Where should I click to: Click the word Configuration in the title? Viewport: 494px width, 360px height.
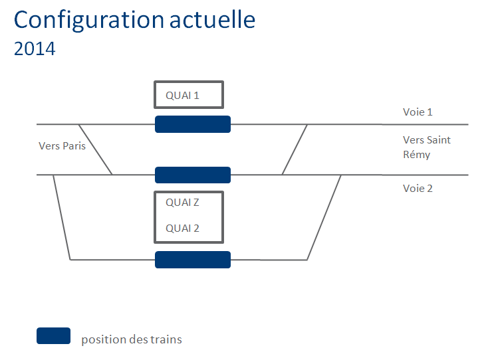[89, 21]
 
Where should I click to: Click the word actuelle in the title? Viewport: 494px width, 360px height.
[212, 19]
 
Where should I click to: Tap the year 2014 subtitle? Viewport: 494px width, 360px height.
[35, 48]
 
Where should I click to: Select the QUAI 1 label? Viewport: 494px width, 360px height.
[182, 96]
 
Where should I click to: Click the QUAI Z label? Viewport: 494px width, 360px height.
[182, 203]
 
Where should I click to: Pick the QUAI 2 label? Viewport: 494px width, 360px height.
[182, 228]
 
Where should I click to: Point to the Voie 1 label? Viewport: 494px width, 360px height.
[418, 112]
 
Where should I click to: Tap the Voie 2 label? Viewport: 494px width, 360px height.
[418, 189]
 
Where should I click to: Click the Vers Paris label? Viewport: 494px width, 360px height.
[62, 145]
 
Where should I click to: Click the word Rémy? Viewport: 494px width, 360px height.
[416, 155]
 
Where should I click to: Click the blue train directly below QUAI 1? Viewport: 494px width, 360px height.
[193, 124]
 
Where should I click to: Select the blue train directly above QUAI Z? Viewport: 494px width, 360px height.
[193, 175]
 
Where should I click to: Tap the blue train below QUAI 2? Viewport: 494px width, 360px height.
[193, 260]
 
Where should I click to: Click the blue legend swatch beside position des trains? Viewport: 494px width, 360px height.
[54, 336]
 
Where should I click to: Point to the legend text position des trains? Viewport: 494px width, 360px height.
[132, 339]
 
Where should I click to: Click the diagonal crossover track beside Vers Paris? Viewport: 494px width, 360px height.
[95, 149]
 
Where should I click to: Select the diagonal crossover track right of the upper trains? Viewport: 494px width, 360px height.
[295, 149]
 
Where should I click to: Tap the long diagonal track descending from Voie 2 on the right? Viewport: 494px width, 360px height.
[324, 217]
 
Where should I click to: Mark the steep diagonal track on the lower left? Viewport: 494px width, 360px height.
[62, 217]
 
